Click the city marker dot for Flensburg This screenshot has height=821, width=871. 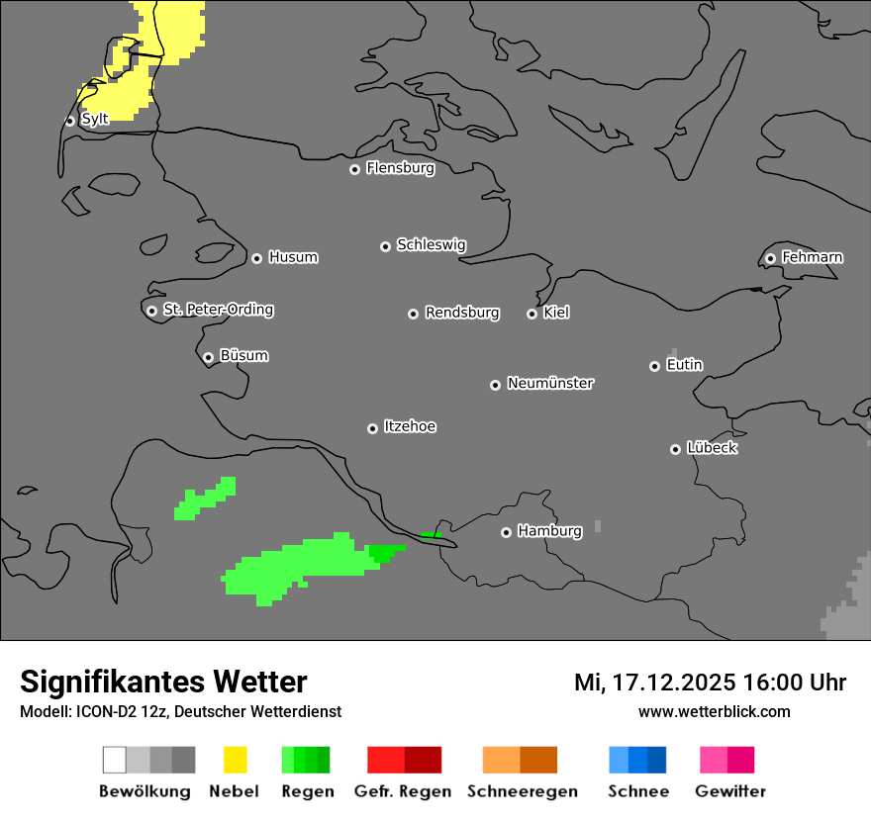[x=354, y=169]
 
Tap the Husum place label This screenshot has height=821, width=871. [x=293, y=257]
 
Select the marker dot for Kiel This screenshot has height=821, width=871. [x=532, y=314]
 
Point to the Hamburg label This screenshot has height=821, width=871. [x=549, y=531]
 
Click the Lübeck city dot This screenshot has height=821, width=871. [x=675, y=449]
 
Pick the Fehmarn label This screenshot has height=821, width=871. [x=812, y=257]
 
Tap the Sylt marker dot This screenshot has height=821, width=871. [x=70, y=121]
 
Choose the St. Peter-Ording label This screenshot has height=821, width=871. [x=218, y=310]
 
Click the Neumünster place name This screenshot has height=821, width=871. [x=550, y=383]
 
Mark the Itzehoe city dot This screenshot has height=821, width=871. [x=372, y=428]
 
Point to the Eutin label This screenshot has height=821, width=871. [x=684, y=365]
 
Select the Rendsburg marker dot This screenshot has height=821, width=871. [x=413, y=314]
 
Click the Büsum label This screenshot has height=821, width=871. [x=243, y=355]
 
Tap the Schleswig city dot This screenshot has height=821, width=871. [x=385, y=246]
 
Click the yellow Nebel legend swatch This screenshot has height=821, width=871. [x=235, y=760]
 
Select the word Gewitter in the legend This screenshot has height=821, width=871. [x=730, y=791]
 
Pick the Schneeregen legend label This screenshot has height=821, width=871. [x=523, y=791]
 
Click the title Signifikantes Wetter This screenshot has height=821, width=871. [x=163, y=682]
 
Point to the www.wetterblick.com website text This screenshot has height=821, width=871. [x=714, y=711]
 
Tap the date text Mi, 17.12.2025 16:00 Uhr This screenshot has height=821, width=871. [x=710, y=683]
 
